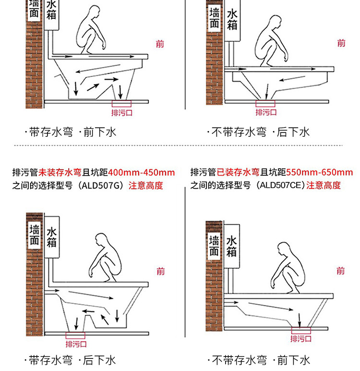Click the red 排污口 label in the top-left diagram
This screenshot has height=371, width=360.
pyautogui.click(x=121, y=113)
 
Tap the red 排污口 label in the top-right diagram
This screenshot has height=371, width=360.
pyautogui.click(x=266, y=112)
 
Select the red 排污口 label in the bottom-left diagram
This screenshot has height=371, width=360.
pyautogui.click(x=76, y=344)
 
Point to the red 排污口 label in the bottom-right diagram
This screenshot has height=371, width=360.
pyautogui.click(x=301, y=338)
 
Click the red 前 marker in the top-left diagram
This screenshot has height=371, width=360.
pyautogui.click(x=160, y=44)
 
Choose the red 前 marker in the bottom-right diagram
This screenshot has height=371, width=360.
pyautogui.click(x=340, y=271)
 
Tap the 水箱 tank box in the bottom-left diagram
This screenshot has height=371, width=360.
pyautogui.click(x=52, y=237)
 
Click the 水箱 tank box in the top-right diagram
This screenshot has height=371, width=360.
pyautogui.click(x=232, y=20)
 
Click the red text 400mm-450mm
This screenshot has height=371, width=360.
pyautogui.click(x=142, y=172)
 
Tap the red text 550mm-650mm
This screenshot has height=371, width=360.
pyautogui.click(x=323, y=172)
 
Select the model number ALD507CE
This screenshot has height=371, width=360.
pyautogui.click(x=280, y=185)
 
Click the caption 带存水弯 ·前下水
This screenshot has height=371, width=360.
pyautogui.click(x=71, y=132)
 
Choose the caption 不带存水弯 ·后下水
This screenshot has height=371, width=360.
pyautogui.click(x=258, y=132)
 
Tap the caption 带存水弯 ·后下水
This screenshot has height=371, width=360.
pyautogui.click(x=71, y=360)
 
